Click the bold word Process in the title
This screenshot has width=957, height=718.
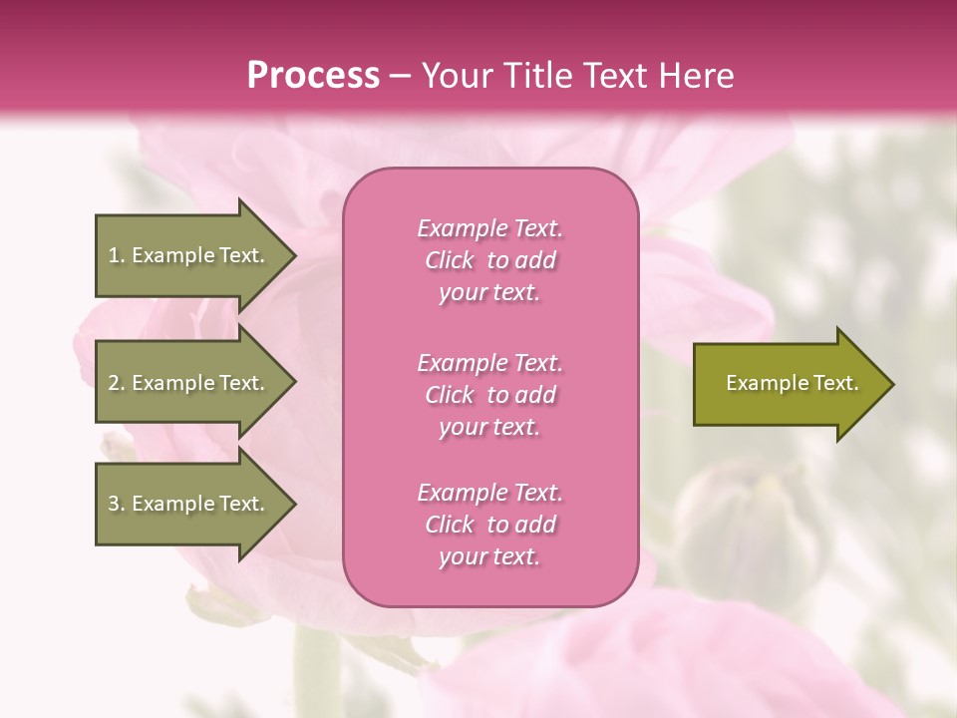pos(313,76)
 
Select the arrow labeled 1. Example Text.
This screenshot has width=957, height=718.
pos(189,255)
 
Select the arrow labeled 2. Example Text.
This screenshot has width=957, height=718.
pos(189,383)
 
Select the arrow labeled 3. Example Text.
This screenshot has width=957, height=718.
pos(189,504)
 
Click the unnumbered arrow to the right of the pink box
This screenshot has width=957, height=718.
pos(788,384)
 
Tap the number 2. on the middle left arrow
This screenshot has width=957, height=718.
pos(116,383)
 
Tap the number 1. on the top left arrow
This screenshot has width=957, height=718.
pos(116,255)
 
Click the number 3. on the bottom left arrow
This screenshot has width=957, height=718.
pos(116,504)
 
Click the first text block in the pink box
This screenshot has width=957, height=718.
pos(489,260)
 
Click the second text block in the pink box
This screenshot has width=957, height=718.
pos(489,395)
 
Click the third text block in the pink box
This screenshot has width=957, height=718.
pos(489,525)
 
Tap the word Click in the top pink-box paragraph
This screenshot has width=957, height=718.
pos(450,260)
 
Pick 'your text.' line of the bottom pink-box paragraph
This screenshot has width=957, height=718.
pos(489,556)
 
